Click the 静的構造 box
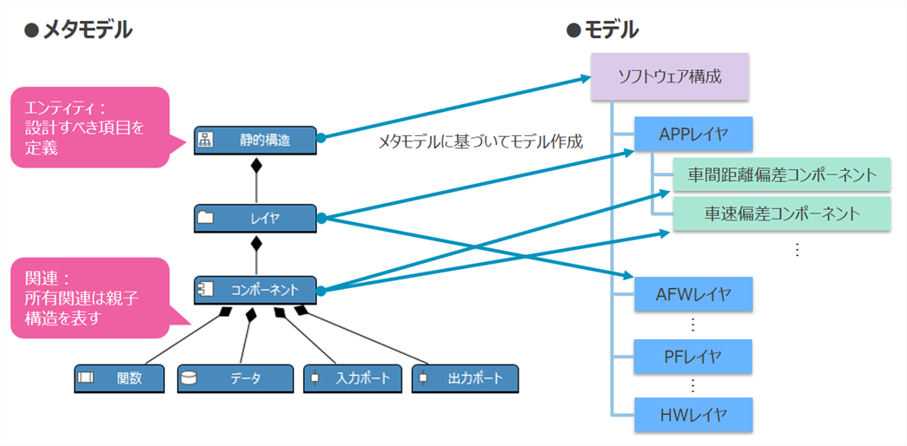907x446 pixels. [x=256, y=140]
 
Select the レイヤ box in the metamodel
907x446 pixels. [x=256, y=218]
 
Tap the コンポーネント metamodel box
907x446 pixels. [x=256, y=290]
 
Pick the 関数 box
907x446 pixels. [x=120, y=378]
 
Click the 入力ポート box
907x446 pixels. [x=353, y=378]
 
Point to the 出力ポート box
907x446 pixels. [x=464, y=378]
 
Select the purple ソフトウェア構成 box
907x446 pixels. [x=669, y=76]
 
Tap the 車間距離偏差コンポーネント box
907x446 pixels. [x=782, y=175]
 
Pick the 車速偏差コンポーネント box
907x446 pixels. [x=782, y=213]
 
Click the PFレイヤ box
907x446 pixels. [x=692, y=356]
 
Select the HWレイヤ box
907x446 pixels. [x=692, y=415]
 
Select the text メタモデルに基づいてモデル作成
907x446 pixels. [x=480, y=141]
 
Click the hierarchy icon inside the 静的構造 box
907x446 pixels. [x=207, y=140]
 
